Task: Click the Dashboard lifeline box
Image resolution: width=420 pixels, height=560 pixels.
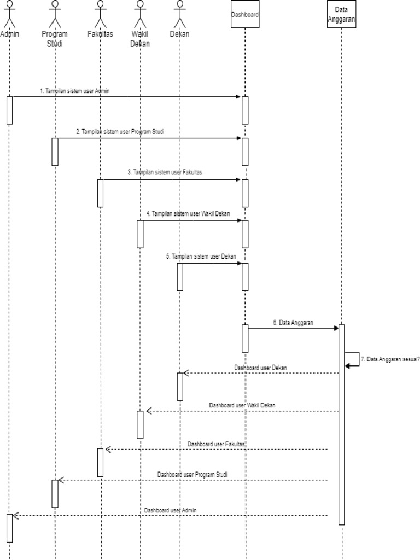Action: [x=244, y=15]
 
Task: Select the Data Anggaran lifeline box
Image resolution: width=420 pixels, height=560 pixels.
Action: [x=342, y=15]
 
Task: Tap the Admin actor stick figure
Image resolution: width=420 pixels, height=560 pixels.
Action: [x=9, y=14]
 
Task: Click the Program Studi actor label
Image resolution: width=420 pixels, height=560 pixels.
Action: [x=55, y=39]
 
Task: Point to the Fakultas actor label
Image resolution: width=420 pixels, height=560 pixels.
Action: [x=100, y=34]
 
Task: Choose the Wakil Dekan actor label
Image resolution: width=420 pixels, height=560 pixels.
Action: [x=140, y=39]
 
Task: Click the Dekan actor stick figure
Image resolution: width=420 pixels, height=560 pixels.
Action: [x=179, y=14]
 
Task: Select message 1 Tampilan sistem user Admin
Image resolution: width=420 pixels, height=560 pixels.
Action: [x=74, y=91]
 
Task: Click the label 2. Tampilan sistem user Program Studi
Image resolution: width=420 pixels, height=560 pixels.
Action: [x=120, y=132]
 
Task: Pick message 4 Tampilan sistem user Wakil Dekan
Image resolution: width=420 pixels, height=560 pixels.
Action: [x=188, y=213]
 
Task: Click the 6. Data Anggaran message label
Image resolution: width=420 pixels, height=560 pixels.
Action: [x=293, y=323]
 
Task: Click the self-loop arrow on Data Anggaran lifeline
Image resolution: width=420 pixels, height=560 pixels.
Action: [x=353, y=359]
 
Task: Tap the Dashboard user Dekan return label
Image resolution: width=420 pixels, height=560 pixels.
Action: [x=260, y=367]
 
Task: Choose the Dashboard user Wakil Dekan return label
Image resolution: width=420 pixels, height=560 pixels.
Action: [x=242, y=405]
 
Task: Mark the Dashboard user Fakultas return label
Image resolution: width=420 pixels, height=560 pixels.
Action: [x=216, y=444]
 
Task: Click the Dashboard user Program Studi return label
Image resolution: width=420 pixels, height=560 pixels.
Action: [x=192, y=474]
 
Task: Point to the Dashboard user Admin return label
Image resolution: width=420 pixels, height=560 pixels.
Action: [x=170, y=510]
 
